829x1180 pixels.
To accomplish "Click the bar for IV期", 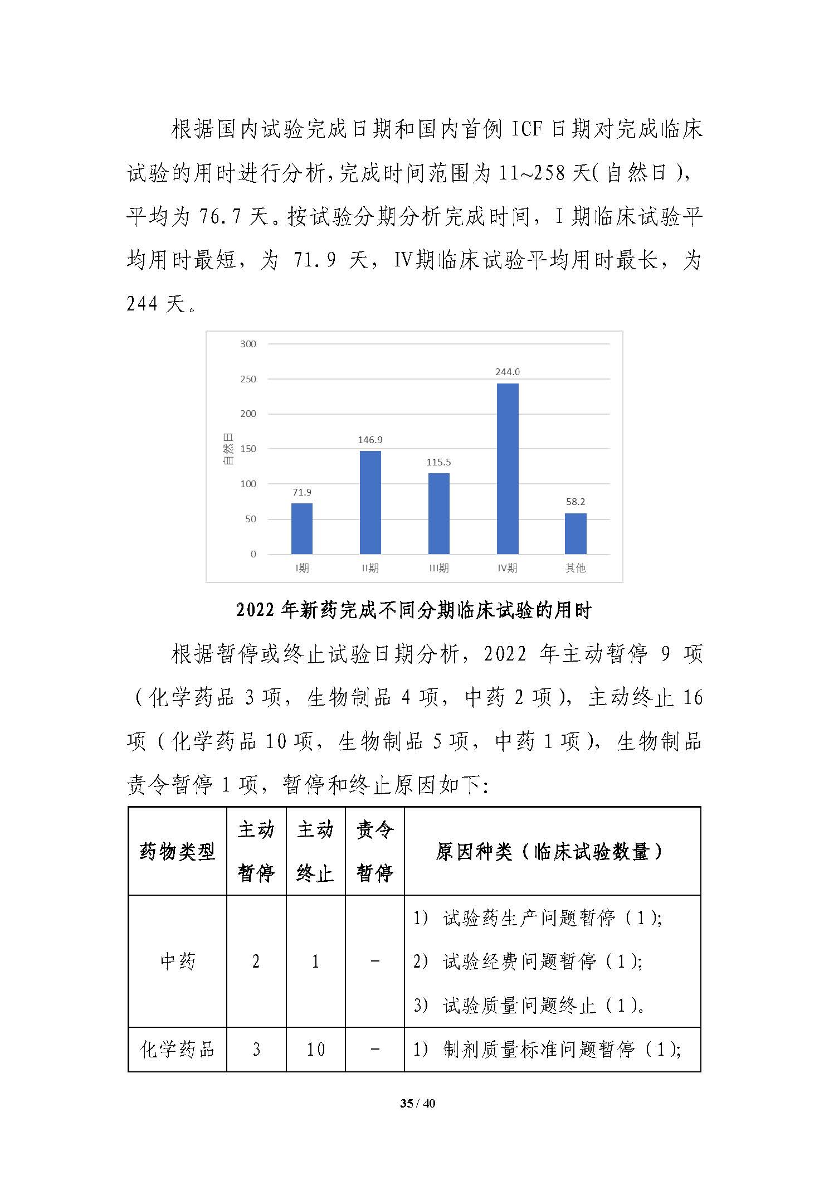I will pyautogui.click(x=507, y=468).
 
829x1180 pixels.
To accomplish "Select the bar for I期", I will pyautogui.click(x=302, y=528).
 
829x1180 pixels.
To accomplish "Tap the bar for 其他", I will pyautogui.click(x=576, y=533).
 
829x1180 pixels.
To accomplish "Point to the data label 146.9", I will pyautogui.click(x=370, y=440).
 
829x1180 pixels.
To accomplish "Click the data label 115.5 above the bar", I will pyautogui.click(x=438, y=462).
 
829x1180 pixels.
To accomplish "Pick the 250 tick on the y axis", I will pyautogui.click(x=248, y=379).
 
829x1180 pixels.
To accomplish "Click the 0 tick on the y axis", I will pyautogui.click(x=253, y=554).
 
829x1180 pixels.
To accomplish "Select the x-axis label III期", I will pyautogui.click(x=438, y=568).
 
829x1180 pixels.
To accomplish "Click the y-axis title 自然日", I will pyautogui.click(x=228, y=449).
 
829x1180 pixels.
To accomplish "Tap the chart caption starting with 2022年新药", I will pyautogui.click(x=413, y=610).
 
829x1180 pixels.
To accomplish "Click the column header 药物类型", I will pyautogui.click(x=177, y=851).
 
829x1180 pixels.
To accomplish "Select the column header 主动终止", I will pyautogui.click(x=315, y=851).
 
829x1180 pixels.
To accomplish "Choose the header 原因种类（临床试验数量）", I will pyautogui.click(x=552, y=851).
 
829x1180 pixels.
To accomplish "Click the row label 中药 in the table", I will pyautogui.click(x=177, y=961).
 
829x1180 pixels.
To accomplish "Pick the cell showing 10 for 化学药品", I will pyautogui.click(x=315, y=1049).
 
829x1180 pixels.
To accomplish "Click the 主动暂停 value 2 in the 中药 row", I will pyautogui.click(x=256, y=961).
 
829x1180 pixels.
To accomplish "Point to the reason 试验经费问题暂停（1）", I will pyautogui.click(x=543, y=961).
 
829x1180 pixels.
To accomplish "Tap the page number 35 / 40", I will pyautogui.click(x=417, y=1103).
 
